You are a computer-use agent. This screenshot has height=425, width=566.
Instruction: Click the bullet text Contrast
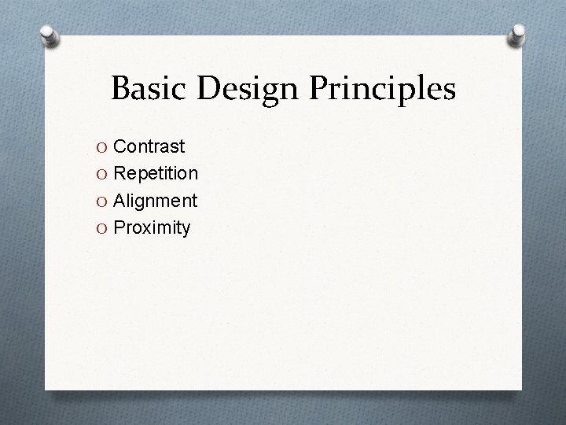(x=149, y=146)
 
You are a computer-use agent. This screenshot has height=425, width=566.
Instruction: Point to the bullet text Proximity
(x=152, y=228)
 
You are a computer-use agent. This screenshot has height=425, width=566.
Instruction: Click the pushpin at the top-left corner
(x=48, y=36)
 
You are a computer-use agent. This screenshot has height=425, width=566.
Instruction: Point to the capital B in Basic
(x=122, y=89)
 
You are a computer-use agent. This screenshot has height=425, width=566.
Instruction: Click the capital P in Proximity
(x=121, y=228)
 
